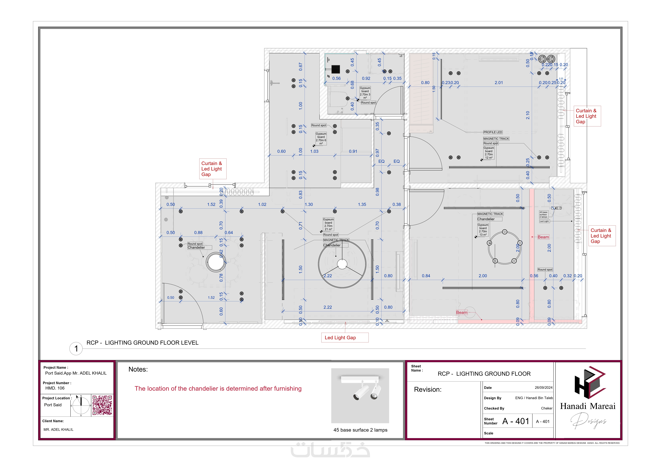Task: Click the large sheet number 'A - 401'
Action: tap(516, 421)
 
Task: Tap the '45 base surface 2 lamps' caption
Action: tap(360, 430)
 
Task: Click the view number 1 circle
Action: tap(76, 349)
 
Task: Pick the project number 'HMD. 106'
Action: tap(55, 388)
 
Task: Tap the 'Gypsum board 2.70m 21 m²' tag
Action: tap(328, 224)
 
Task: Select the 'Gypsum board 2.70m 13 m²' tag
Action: tap(483, 230)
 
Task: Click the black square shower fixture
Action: tap(335, 69)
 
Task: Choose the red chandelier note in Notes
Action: tap(218, 389)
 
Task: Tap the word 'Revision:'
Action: tap(428, 390)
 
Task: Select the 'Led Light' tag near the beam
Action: tap(544, 221)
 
